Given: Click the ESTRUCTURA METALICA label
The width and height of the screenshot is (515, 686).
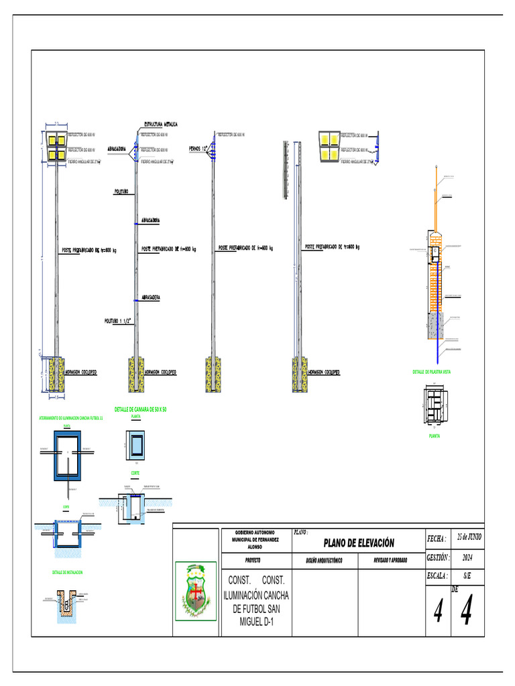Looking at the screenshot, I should (x=161, y=125).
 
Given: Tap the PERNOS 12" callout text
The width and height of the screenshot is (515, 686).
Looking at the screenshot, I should (x=199, y=148).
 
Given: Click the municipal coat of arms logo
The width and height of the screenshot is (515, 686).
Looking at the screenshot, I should (x=196, y=590).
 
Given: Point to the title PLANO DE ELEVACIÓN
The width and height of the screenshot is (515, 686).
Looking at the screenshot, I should (x=358, y=543).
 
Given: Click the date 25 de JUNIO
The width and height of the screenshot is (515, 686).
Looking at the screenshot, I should (x=469, y=537).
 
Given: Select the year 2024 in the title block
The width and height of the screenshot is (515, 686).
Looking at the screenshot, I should (x=467, y=557).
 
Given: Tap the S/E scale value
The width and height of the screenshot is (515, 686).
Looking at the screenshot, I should (x=467, y=575).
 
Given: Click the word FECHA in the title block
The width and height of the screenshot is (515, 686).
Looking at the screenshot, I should (x=437, y=539).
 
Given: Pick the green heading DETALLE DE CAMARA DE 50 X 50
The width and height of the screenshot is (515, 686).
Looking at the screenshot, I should (x=140, y=409).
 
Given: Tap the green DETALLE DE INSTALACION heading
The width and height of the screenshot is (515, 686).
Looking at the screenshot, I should (x=67, y=573).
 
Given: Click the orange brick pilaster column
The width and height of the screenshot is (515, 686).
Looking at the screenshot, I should (x=436, y=275).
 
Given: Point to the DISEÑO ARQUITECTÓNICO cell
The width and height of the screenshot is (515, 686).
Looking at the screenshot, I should (x=324, y=560).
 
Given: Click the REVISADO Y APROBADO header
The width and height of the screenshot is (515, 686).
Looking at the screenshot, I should (x=390, y=560).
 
